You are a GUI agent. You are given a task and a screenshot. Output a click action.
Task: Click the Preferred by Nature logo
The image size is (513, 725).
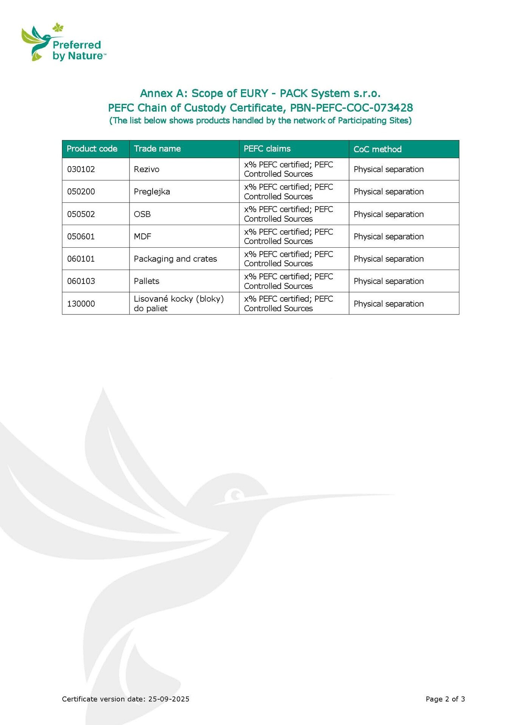pos(63,43)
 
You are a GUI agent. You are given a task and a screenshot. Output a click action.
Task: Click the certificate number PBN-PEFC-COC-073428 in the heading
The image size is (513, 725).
pos(351,108)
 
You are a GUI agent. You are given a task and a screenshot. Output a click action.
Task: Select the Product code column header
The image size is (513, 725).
pos(92,149)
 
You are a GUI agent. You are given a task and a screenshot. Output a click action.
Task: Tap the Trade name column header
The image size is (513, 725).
pos(157,149)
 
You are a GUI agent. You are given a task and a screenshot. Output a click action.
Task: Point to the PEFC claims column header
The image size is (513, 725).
pos(267,149)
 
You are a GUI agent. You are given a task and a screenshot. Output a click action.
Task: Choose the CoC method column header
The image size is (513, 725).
pos(377,149)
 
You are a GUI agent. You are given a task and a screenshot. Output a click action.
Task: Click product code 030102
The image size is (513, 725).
pos(81,169)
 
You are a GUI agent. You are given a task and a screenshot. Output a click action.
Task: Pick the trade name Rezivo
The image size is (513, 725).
pos(147,169)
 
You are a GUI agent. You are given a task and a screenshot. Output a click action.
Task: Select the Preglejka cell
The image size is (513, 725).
pos(152,191)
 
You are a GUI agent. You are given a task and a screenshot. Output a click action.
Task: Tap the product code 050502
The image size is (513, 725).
pos(81,214)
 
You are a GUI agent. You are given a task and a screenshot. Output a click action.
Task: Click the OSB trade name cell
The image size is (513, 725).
pos(142,214)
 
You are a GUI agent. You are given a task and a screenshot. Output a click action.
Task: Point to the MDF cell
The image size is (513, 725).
pos(142,236)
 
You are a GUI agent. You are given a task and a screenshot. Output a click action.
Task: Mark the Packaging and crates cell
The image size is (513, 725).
pos(175,259)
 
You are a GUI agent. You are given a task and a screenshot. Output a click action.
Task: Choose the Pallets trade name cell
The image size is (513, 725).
pos(147,281)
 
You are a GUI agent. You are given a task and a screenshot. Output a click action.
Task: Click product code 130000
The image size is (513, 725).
pos(81,304)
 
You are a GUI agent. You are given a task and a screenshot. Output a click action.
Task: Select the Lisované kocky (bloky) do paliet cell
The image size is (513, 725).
pos(179,304)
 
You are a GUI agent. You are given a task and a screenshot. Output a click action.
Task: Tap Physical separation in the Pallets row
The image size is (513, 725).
pos(389,281)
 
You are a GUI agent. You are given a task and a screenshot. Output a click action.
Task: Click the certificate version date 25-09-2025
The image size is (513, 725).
pos(168,699)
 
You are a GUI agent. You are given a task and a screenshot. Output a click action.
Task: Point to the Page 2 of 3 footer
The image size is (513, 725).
pos(445,699)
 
